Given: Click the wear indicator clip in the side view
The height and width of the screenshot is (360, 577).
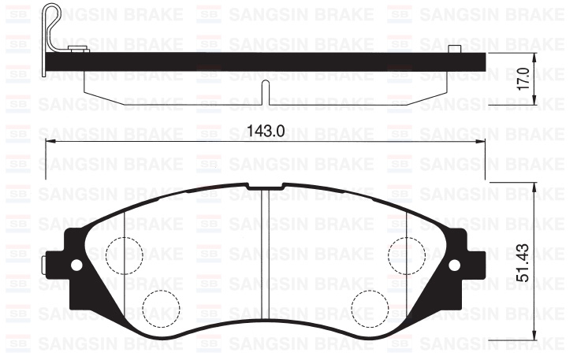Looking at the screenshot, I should [54, 24].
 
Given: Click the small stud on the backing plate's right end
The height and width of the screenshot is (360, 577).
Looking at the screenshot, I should [455, 50].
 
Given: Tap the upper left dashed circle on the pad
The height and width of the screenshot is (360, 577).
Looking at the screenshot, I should [124, 254].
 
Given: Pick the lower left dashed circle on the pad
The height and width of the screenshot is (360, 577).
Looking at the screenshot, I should [160, 306].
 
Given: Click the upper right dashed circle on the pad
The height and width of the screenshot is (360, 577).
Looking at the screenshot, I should [406, 254].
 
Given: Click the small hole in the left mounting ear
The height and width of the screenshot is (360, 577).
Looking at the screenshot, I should [76, 264].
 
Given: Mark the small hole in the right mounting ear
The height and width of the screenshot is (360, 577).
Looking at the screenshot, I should [453, 264].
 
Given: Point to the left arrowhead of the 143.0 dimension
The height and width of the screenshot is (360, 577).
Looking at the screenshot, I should [48, 142].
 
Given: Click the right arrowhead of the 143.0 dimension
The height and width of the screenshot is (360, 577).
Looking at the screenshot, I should [482, 142].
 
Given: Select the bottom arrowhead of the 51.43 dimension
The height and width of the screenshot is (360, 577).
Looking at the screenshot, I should [536, 336].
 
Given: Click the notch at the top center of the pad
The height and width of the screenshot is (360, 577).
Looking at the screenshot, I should [265, 187].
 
